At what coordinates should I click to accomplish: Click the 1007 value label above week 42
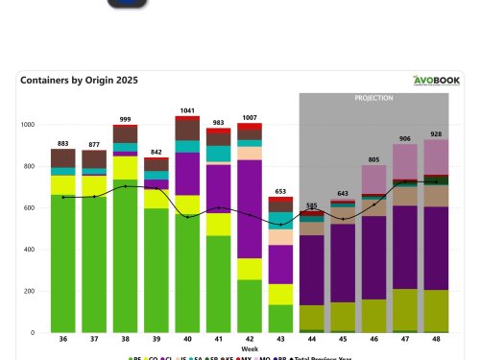(x=249, y=117)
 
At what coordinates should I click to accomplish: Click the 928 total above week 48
(x=436, y=133)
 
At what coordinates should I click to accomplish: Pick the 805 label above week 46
(x=373, y=159)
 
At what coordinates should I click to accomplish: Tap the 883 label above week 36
(x=62, y=143)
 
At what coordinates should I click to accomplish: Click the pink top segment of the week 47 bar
(x=405, y=158)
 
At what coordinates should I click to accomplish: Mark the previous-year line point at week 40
(x=187, y=217)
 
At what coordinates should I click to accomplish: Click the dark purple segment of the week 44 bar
(x=311, y=269)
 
